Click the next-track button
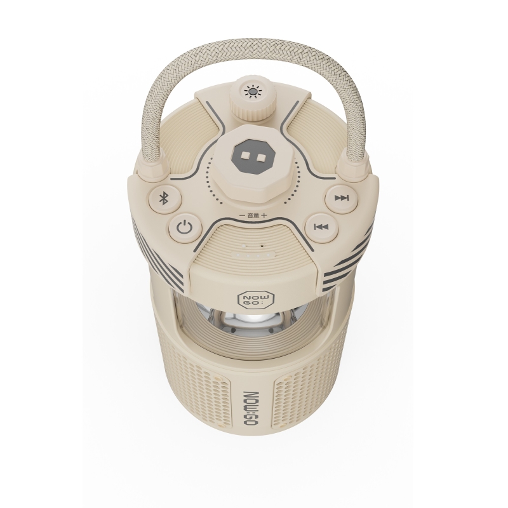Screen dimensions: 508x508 (x=342, y=198)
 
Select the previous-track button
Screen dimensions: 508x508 (x=322, y=227)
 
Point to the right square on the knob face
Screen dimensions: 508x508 (x=262, y=157)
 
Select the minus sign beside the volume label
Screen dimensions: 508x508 (x=241, y=215)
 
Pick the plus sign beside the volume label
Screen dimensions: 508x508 (x=265, y=215)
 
